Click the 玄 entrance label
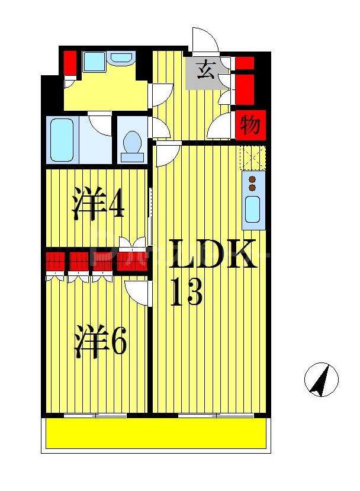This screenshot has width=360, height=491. point(205,70)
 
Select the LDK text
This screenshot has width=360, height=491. point(213,255)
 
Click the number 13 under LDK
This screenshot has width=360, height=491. point(187,291)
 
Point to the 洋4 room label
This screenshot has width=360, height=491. point(98,205)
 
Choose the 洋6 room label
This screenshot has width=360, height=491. point(100,342)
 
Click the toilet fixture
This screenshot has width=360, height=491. point(132,146)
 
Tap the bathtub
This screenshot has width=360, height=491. point(62,139)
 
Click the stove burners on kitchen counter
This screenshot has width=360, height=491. point(252,183)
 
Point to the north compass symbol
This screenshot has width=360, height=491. point(321,379)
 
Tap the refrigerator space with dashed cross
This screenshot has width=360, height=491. point(252,158)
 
